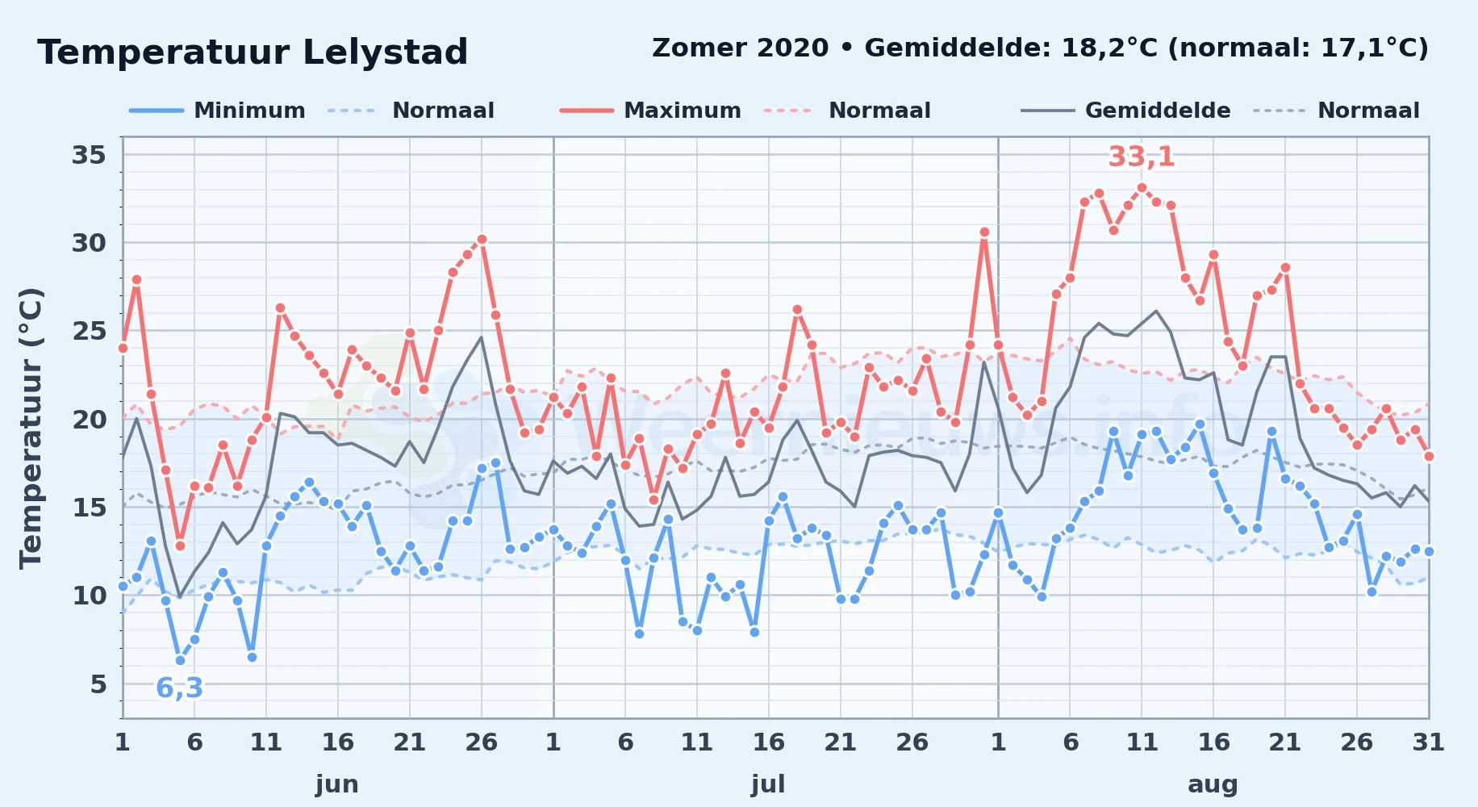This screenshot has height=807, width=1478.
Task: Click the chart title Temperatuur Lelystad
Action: point(253,52)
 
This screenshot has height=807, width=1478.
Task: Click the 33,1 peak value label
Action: point(1142,157)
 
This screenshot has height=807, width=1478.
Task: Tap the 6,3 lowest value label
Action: point(179,688)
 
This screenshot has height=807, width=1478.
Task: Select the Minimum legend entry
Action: point(217,111)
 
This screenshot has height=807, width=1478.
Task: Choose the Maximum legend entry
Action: point(650,111)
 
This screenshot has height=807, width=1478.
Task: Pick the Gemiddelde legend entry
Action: point(1125,111)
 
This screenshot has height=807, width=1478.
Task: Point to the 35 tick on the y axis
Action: point(89,154)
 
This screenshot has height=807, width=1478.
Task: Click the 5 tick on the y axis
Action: point(98,684)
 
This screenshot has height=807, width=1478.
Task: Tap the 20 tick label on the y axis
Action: point(89,419)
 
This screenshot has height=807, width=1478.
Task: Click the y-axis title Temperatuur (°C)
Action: point(31,428)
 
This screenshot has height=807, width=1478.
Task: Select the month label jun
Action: point(337,784)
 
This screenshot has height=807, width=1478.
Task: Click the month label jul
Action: point(768,784)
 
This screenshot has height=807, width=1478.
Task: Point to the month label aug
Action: point(1213,784)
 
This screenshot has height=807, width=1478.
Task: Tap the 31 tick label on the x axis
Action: point(1428,742)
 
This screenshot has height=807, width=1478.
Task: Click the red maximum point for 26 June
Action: point(482,240)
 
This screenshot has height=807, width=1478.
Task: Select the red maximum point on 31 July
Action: point(984,232)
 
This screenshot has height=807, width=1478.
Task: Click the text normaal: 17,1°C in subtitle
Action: point(1299,48)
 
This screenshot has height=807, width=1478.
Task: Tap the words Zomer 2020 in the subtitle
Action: point(740,48)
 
